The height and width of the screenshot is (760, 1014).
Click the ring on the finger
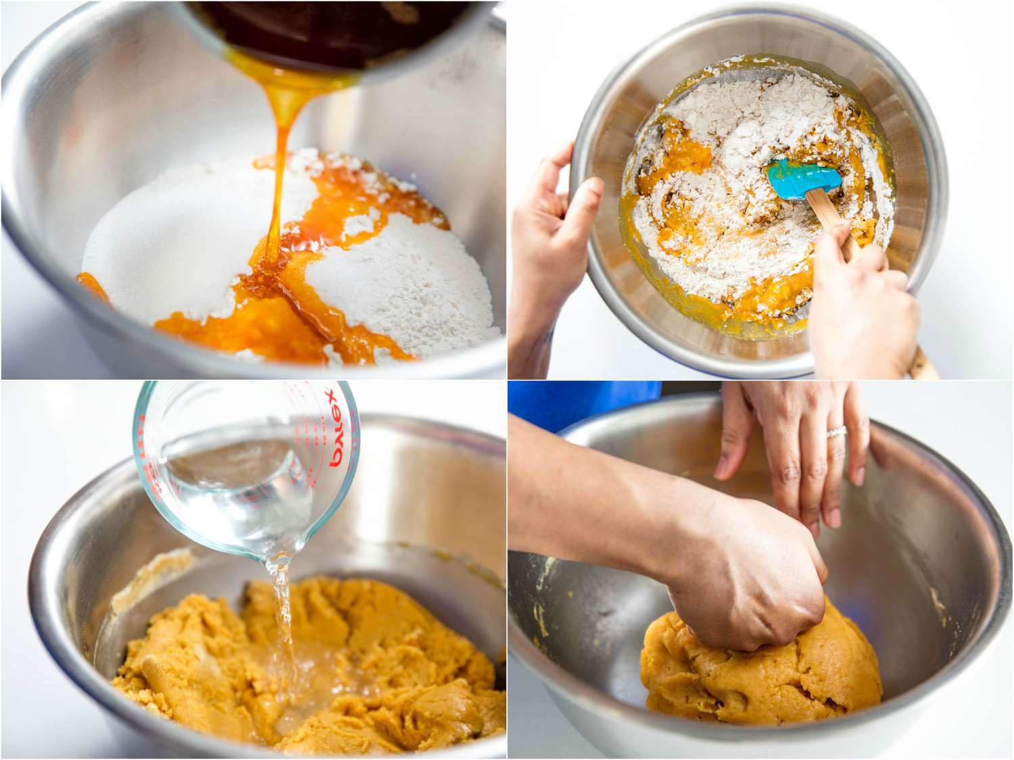pos(836,432)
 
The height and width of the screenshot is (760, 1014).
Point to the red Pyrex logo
pos(336,429)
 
